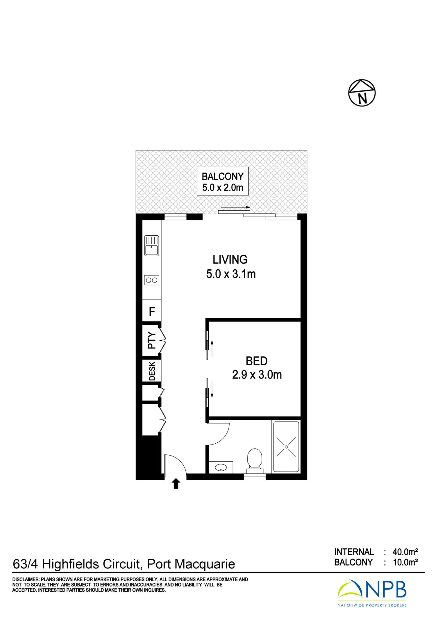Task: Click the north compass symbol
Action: [x=362, y=93]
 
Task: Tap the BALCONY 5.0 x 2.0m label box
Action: [x=223, y=181]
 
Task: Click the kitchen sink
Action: [x=152, y=246]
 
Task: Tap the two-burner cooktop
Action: [x=152, y=280]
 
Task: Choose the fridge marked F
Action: [x=152, y=312]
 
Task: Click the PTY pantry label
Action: [x=152, y=340]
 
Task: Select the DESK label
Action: [x=152, y=371]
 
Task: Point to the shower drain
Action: [x=286, y=447]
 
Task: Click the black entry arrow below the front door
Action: [x=176, y=483]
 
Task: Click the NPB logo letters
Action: [x=385, y=589]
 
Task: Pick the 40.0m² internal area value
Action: [x=405, y=552]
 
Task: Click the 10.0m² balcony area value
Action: [x=405, y=562]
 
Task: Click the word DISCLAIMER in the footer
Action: [x=26, y=579]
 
